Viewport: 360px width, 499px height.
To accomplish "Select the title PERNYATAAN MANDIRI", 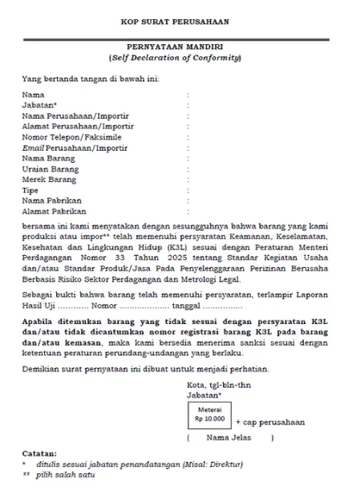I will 180,48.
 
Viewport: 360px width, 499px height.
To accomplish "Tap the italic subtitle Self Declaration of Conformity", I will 180,59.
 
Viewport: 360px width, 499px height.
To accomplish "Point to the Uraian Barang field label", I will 51,169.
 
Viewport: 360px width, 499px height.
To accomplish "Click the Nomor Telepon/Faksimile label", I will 71,137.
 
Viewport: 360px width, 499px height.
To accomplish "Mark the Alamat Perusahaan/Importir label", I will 76,127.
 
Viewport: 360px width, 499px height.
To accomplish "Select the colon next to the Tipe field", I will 188,190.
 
